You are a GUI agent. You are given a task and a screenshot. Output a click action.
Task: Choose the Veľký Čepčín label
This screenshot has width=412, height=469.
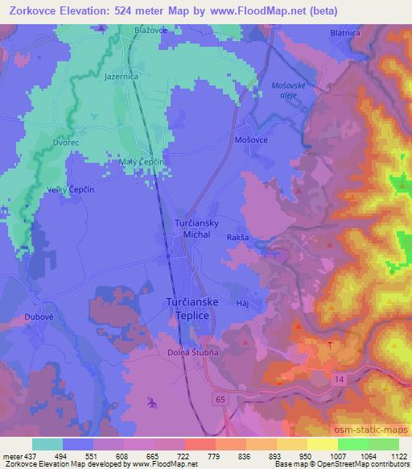tap(50, 188)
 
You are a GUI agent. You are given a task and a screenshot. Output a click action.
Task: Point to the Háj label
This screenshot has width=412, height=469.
tap(245, 303)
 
